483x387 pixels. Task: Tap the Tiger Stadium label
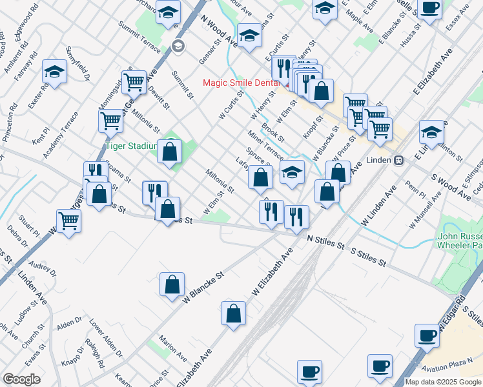pos(129,146)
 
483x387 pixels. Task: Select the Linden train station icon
pos(399,159)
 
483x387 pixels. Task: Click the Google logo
pos(21,379)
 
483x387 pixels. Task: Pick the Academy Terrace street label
pos(61,135)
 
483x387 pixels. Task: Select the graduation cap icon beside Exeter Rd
pos(55,72)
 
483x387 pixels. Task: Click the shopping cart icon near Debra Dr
pos(68,221)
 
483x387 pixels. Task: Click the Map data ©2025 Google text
pos(443,382)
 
